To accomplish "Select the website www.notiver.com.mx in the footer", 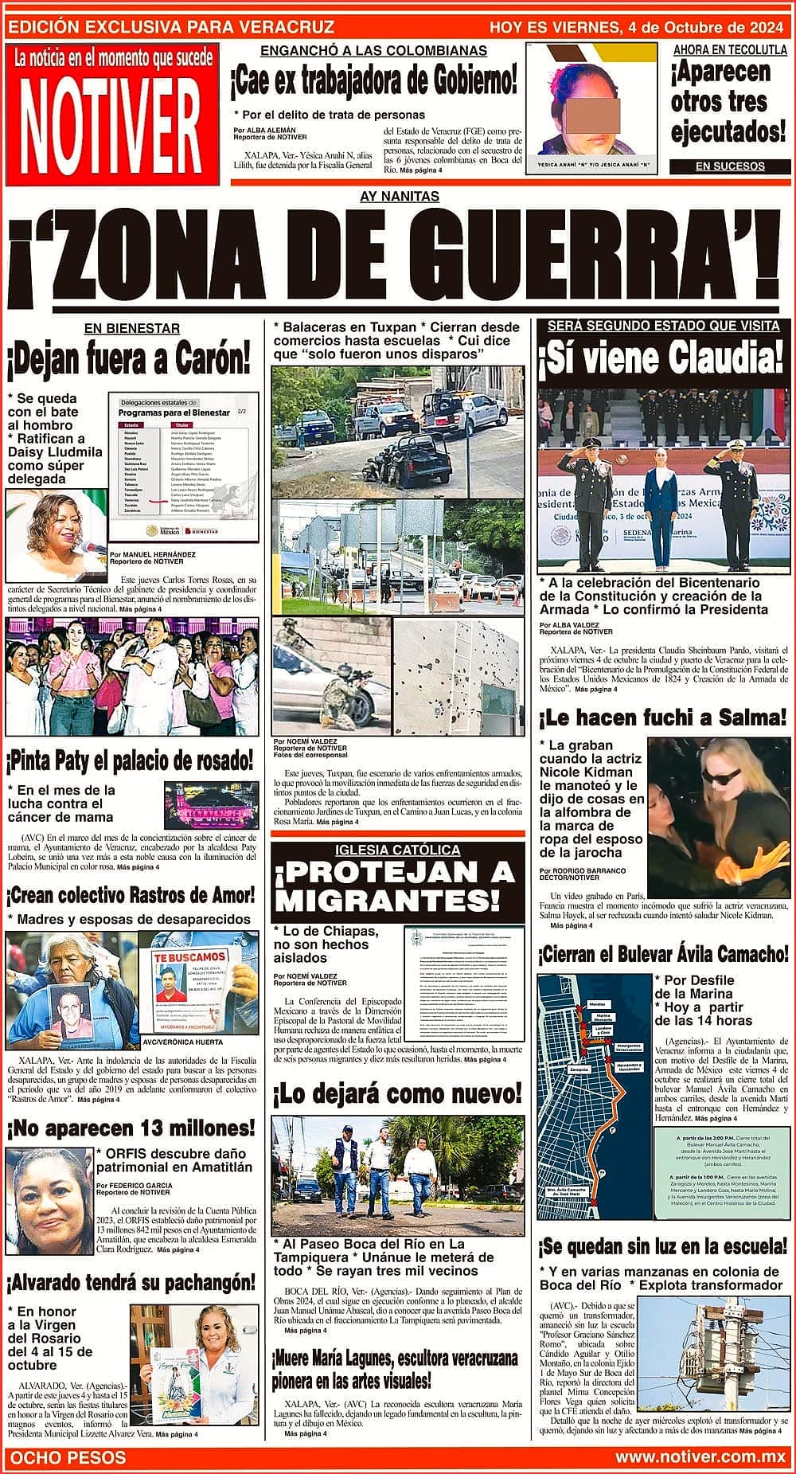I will click(x=700, y=1456).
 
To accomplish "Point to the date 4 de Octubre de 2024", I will click(x=706, y=28).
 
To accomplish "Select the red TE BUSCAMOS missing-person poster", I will click(x=198, y=985).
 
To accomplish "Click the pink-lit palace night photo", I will click(x=211, y=806).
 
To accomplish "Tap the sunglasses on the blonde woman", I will click(x=725, y=776).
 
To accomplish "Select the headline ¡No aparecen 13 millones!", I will click(x=131, y=1128).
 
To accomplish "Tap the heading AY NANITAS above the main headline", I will click(x=399, y=196).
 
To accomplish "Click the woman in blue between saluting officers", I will click(x=660, y=502).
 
